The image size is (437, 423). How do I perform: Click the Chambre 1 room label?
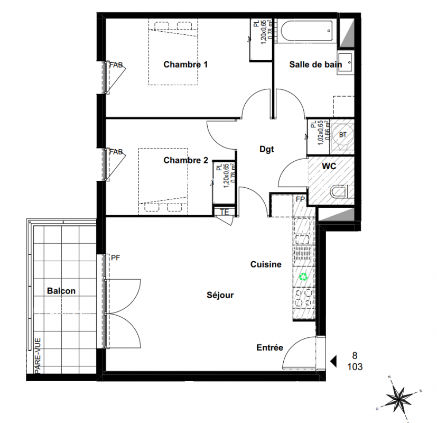tap(185, 65)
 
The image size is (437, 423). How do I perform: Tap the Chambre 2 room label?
tap(185, 160)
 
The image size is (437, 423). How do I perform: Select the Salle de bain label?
tap(315, 65)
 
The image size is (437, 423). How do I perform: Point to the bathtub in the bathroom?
tap(306, 31)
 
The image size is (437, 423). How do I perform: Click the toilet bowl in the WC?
tap(339, 192)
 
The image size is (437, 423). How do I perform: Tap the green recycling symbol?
tap(303, 277)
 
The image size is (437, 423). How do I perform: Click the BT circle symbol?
tap(343, 135)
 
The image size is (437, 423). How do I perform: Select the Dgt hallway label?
tap(267, 149)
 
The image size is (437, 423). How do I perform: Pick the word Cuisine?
tap(266, 264)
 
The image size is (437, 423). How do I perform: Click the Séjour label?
tap(220, 295)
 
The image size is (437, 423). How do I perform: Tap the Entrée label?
tap(270, 347)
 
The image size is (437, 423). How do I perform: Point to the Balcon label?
tap(61, 291)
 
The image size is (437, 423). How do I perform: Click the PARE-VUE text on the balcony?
tap(38, 355)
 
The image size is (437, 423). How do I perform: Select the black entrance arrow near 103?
tap(333, 361)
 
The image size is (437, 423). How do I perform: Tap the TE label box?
tap(225, 212)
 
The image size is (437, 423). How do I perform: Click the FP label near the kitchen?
tap(300, 199)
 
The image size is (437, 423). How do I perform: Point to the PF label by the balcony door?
tap(115, 258)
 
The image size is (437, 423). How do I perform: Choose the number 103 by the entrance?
tap(355, 366)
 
